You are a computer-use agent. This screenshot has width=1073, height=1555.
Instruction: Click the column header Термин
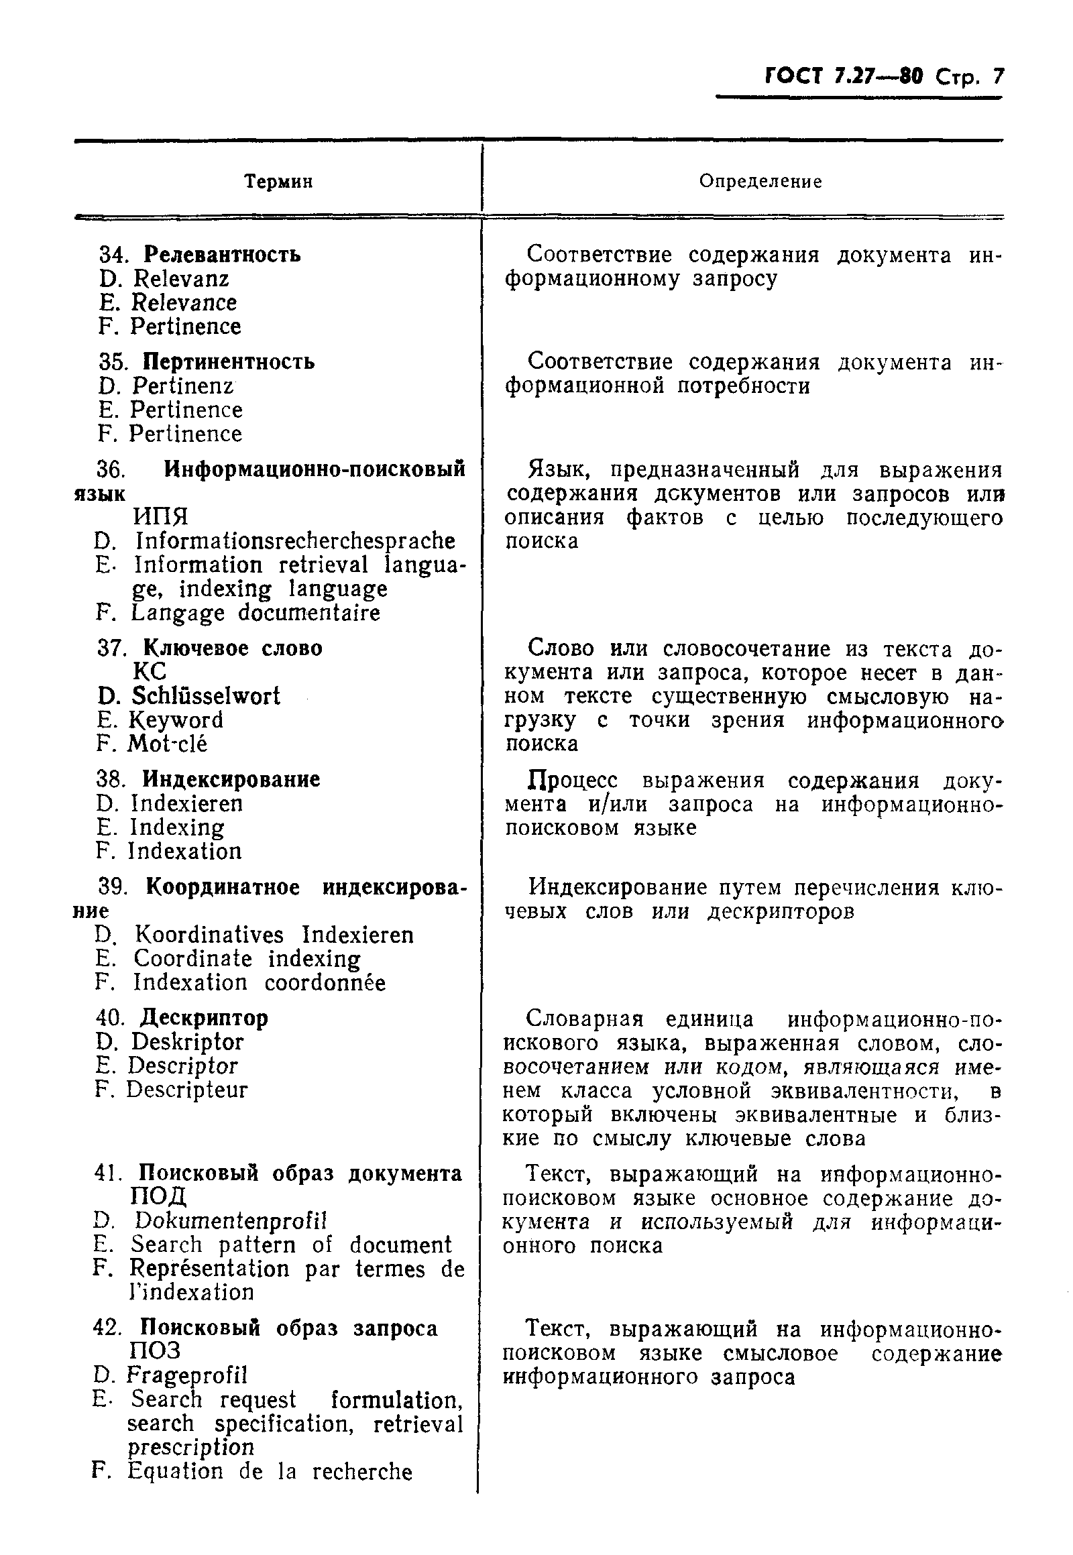pos(278,182)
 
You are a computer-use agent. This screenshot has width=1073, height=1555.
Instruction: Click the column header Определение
pos(760,182)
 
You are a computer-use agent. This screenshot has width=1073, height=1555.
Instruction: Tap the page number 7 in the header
pos(997,76)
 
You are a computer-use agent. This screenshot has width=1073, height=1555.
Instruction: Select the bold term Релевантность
pos(223,255)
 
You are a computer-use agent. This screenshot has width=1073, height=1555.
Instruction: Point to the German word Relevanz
pos(181,279)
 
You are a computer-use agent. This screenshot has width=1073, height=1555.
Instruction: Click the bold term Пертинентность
pos(229,361)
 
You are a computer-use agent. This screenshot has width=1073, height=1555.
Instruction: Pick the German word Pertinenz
pos(183,386)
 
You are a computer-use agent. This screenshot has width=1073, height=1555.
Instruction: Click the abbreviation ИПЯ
pos(161,517)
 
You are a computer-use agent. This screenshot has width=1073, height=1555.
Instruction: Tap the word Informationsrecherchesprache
pos(295,541)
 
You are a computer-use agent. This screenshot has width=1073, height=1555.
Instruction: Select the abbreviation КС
pos(150,672)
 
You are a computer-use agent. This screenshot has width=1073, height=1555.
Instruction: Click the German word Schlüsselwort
pos(206,696)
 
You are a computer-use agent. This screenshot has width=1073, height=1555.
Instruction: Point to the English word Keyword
pos(176,720)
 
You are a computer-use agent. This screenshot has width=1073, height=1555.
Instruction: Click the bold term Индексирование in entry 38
pos(231,780)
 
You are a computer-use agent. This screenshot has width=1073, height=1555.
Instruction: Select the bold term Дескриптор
pos(204,1018)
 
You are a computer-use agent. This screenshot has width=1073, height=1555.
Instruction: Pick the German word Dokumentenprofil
pos(231,1220)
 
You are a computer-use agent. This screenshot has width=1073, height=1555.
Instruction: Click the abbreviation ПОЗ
pos(156,1351)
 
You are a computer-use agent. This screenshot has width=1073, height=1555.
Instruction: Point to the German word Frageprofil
pos(187,1375)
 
